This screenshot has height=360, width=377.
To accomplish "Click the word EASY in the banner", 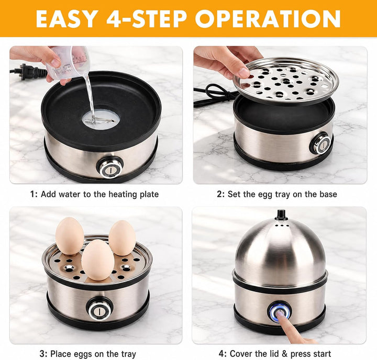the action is (65, 19).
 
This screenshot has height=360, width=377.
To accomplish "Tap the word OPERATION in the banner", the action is (268, 19).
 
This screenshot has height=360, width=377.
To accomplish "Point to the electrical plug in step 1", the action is (28, 71).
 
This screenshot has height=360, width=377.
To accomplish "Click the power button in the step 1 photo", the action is (110, 167).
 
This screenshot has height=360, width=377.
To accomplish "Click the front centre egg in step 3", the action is (97, 260).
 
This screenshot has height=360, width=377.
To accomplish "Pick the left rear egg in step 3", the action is (70, 236).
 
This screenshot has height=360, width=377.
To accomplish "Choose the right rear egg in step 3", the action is (122, 238).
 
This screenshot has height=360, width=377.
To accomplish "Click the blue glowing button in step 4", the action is (280, 312).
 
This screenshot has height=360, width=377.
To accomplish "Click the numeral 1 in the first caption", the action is (32, 194).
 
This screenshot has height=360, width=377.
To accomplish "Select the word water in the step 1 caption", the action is (70, 194).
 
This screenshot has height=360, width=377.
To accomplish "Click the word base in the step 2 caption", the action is (328, 194).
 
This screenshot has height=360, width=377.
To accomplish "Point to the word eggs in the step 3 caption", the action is (83, 354).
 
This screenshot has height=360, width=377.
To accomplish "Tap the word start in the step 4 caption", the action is (321, 354).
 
